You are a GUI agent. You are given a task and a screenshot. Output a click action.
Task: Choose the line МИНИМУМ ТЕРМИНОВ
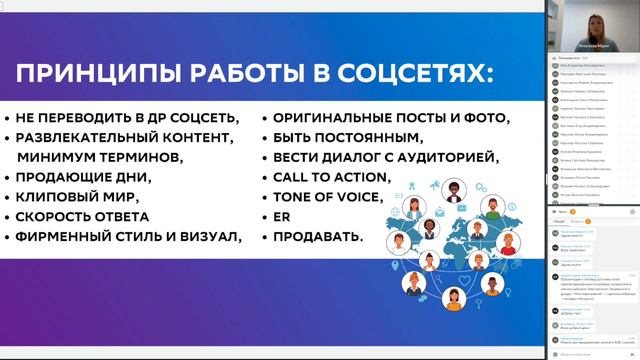click(100, 157)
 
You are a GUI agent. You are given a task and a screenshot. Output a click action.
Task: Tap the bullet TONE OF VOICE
click(321, 196)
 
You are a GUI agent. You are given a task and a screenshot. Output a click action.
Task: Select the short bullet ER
click(281, 216)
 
